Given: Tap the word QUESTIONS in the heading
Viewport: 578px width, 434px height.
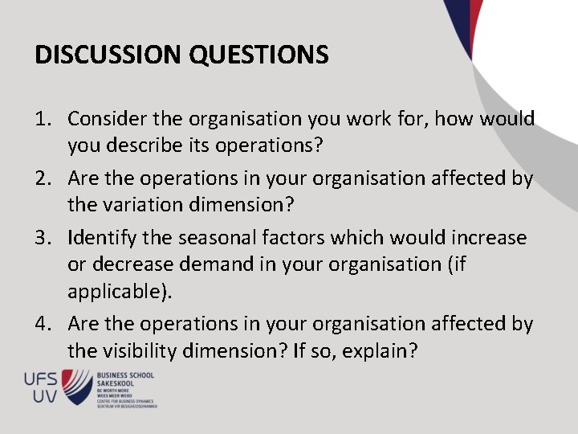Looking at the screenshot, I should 258,55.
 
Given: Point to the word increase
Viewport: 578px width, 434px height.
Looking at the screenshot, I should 488,238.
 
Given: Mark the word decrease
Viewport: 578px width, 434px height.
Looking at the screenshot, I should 132,264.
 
